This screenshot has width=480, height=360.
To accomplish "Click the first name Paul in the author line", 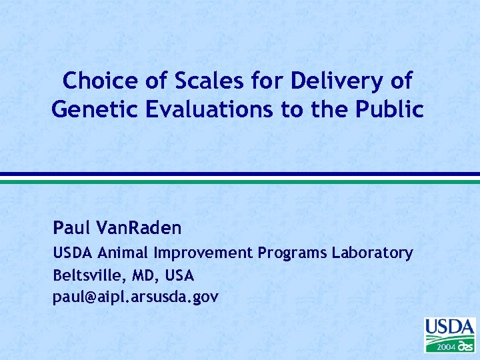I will coord(72,229).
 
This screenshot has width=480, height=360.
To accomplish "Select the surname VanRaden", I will coord(139,229).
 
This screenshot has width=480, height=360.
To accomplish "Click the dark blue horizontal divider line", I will coord(240,174).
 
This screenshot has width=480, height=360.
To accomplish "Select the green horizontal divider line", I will coord(240,181).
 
